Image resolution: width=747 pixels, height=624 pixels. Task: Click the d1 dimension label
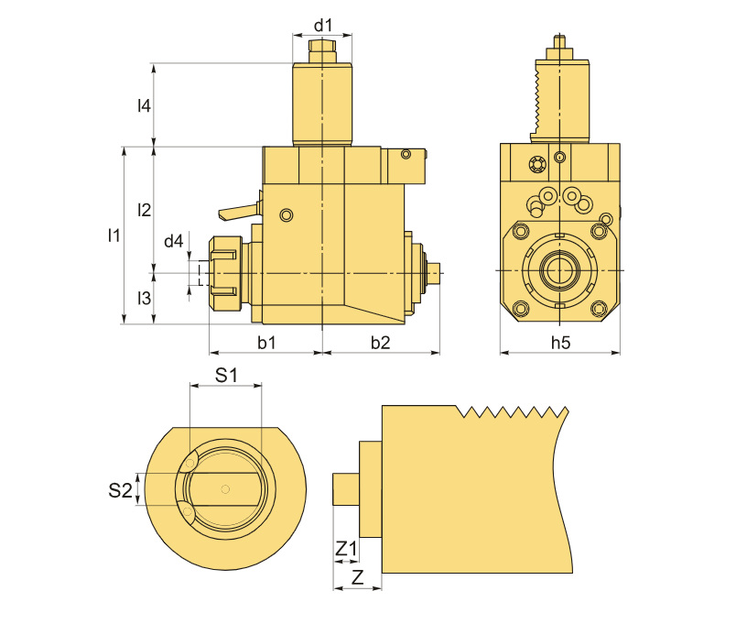323,26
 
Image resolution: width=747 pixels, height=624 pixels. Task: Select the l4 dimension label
144,105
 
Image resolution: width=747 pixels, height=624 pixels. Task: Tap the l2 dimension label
144,210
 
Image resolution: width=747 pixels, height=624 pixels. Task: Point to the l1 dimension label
114,235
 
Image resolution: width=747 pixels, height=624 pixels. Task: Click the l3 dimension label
144,298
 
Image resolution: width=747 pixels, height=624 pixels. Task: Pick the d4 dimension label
173,241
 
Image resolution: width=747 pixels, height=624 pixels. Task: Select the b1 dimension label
266,342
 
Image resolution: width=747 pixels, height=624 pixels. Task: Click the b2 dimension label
380,342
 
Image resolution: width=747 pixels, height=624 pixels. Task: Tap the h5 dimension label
560,342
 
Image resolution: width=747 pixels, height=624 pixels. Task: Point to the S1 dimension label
226,375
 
